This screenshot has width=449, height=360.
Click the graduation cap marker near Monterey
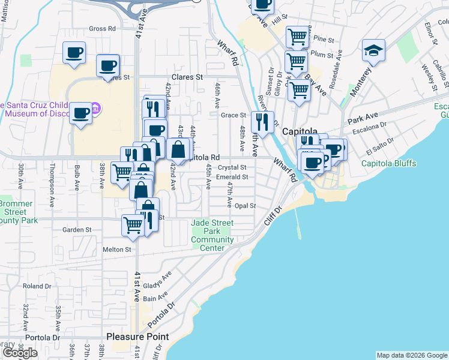[373, 52]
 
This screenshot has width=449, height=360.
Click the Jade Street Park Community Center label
[212, 236]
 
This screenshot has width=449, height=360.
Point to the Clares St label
[187, 77]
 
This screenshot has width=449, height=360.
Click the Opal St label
[245, 206]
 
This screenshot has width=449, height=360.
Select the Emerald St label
[233, 177]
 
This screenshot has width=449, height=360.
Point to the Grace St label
[234, 115]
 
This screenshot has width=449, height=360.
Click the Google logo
[19, 353]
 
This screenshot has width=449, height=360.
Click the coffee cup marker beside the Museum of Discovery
[80, 113]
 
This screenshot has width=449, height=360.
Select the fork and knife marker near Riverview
[262, 122]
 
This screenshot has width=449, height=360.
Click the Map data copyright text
[411, 355]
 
